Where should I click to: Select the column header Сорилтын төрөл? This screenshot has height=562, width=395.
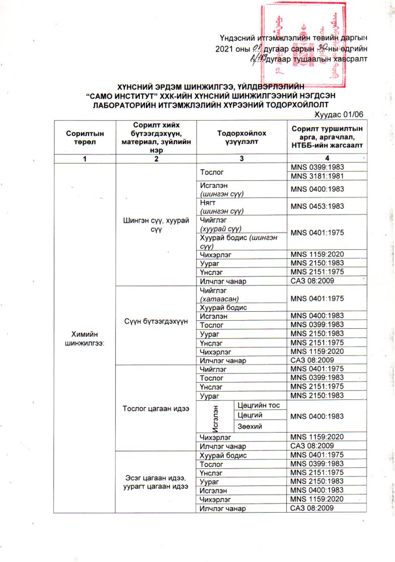(x=85, y=135)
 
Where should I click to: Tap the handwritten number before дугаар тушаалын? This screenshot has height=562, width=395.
(x=258, y=59)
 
